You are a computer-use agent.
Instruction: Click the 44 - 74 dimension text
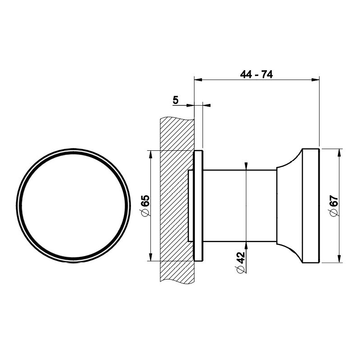click(x=256, y=74)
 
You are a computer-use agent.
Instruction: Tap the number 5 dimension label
click(x=175, y=100)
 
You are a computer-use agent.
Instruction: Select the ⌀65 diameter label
click(x=145, y=206)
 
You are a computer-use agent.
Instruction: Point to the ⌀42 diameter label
click(x=241, y=262)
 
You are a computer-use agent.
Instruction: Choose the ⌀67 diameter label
click(x=334, y=205)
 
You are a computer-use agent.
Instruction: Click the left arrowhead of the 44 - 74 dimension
click(x=198, y=80)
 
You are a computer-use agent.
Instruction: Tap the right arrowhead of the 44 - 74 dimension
click(x=315, y=80)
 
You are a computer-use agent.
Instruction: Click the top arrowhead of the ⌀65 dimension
click(x=150, y=154)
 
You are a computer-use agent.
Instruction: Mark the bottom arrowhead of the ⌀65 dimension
click(x=150, y=257)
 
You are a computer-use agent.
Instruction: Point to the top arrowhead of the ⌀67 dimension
click(x=339, y=153)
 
